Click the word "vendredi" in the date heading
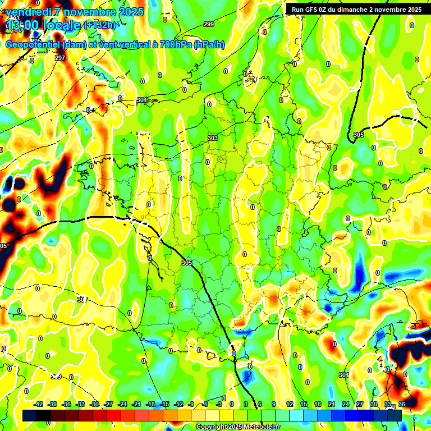coord(27,12)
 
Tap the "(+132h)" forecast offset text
coord(99,25)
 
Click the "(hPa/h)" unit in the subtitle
coord(209,45)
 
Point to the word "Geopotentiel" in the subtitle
coord(33,45)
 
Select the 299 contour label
coord(209,24)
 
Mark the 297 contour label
coord(60,58)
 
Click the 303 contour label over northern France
coord(213,138)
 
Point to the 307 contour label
coord(82,300)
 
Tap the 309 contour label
coord(56,377)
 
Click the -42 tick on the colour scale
coord(39,404)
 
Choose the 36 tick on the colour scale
coord(401,404)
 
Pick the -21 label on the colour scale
coord(136,404)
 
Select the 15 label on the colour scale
coord(303,404)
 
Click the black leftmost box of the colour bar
coord(30,415)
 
